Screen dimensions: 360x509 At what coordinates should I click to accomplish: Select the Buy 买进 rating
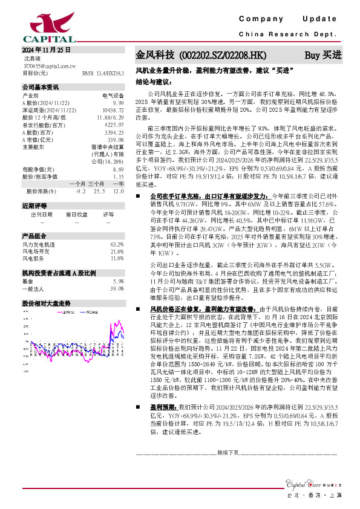(x=322, y=55)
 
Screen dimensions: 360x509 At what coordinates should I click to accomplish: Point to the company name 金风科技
(x=155, y=55)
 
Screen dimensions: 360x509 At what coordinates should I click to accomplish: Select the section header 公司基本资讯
(x=41, y=88)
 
